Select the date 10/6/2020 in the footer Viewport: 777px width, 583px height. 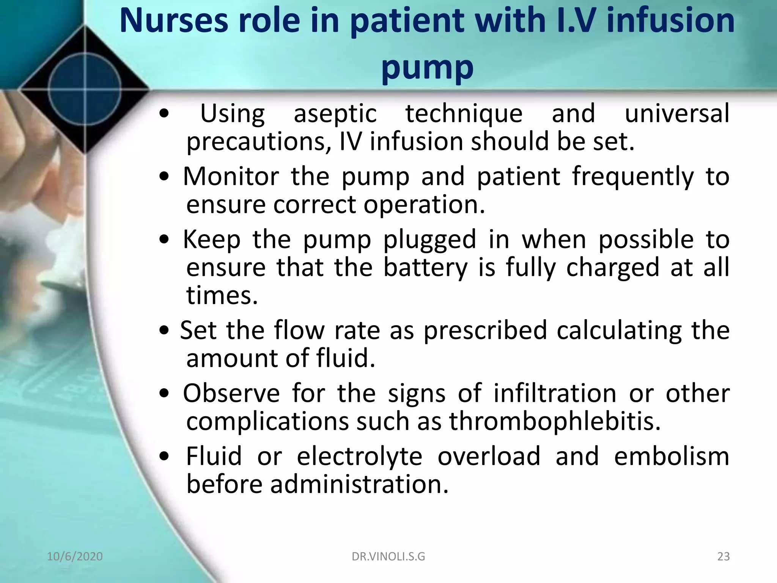coord(75,556)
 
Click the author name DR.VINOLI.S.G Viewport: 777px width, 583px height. coord(388,556)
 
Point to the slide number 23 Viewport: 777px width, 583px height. coord(724,556)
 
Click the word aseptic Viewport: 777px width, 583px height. coord(335,114)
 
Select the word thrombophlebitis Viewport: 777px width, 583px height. coord(555,421)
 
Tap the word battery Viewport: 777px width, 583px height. coord(425,268)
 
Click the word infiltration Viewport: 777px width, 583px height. coord(555,393)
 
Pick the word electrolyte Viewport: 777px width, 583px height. coord(359,456)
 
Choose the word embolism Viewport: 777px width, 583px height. coord(672,456)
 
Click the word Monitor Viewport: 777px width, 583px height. coord(231,176)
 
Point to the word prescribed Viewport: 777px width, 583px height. coord(485,330)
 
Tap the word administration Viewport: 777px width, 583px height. coord(359,484)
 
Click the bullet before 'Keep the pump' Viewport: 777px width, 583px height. coord(164,240)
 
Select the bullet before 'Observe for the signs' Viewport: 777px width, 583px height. coord(164,394)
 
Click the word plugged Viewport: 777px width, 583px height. coord(429,240)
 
